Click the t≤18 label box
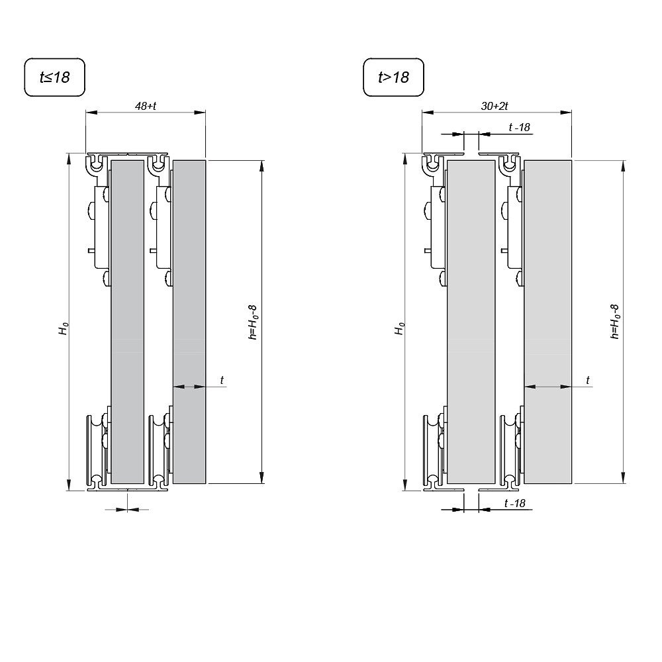click(x=55, y=77)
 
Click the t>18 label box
click(x=393, y=77)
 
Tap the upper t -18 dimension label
click(x=519, y=128)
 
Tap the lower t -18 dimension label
click(x=514, y=504)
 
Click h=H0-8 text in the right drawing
click(x=615, y=322)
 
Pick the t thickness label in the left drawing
click(x=222, y=380)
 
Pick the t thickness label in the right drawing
click(x=588, y=380)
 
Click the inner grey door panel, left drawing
click(x=127, y=321)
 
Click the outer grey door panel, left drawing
click(x=189, y=321)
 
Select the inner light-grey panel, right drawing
click(x=471, y=321)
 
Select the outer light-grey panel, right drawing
click(x=547, y=321)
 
